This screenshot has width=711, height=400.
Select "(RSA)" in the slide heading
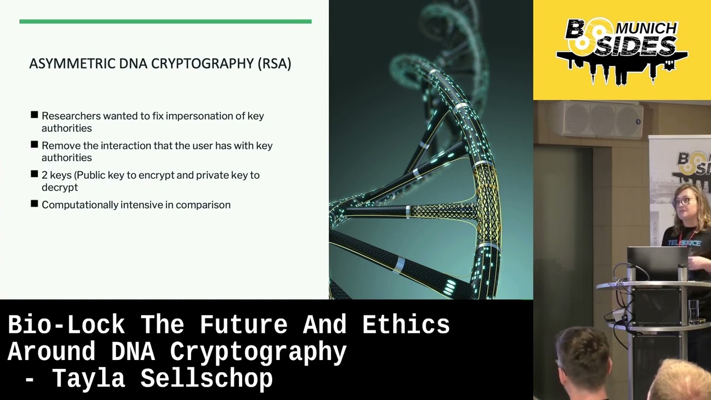pyautogui.click(x=274, y=63)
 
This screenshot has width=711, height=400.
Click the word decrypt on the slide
pyautogui.click(x=59, y=187)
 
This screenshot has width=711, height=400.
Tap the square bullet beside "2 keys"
pyautogui.click(x=34, y=174)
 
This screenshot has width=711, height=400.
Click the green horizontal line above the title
pyautogui.click(x=165, y=22)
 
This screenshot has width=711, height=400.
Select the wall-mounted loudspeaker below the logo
pyautogui.click(x=594, y=118)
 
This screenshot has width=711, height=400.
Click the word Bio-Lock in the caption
pyautogui.click(x=67, y=325)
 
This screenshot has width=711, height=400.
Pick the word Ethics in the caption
pyautogui.click(x=405, y=325)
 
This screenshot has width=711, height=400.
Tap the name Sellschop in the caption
pyautogui.click(x=206, y=379)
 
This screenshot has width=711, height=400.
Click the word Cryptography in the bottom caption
pyautogui.click(x=258, y=352)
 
